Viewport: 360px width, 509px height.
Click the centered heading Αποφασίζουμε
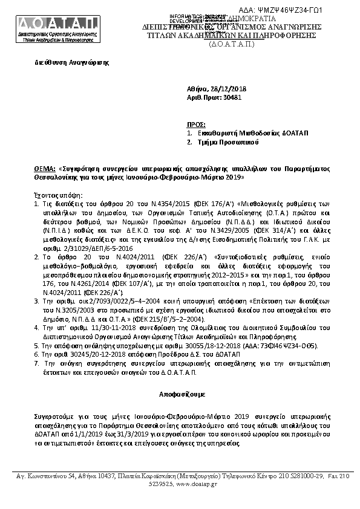click(x=180, y=392)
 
